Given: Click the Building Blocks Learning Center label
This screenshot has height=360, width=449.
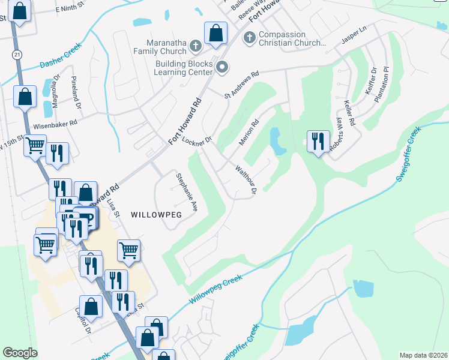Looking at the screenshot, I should (184, 68).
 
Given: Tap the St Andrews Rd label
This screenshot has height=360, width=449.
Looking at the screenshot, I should (241, 85).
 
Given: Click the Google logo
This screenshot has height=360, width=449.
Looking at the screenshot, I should (20, 353).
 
